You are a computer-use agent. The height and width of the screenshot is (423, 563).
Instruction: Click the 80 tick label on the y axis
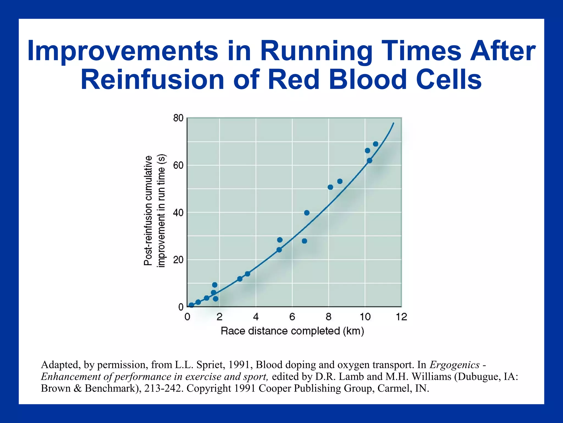click(178, 118)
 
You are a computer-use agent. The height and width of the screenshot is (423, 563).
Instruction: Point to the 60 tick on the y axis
click(178, 166)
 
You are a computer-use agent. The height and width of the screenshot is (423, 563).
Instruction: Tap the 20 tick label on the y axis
click(178, 260)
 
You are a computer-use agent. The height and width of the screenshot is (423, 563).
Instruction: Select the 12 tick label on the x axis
click(401, 317)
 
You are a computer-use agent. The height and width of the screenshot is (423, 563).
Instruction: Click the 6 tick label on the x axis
click(292, 317)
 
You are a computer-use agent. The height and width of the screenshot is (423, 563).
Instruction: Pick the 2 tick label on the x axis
click(219, 317)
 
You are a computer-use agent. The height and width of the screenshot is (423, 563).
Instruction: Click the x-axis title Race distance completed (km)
click(292, 331)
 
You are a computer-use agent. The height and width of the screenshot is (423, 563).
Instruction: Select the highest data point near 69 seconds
click(376, 144)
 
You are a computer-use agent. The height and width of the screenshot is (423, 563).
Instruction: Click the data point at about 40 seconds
click(307, 213)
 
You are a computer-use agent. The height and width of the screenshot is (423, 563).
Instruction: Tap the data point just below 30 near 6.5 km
click(304, 241)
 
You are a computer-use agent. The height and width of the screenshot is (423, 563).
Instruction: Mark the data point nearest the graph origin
click(191, 305)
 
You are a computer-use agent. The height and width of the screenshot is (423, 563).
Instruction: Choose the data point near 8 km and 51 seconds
click(330, 187)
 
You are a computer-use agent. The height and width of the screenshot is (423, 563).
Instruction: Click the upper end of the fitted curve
click(394, 123)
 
